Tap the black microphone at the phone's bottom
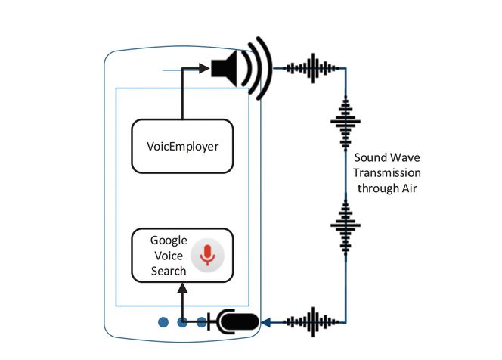click(x=237, y=322)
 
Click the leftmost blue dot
click(x=163, y=323)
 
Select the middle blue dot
click(x=182, y=323)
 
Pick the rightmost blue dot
click(x=202, y=323)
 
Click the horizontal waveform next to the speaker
click(x=310, y=69)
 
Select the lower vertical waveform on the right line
click(x=346, y=226)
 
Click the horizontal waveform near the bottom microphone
click(x=311, y=321)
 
